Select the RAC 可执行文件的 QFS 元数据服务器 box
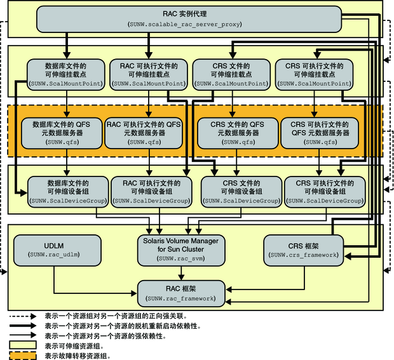[144, 133]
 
